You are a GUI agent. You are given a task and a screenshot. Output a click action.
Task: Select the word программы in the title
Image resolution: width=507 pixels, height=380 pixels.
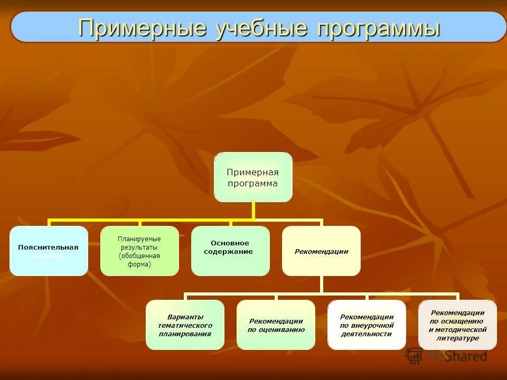(x=378, y=28)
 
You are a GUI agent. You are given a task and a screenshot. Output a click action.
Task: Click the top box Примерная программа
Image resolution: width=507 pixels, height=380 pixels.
(x=252, y=177)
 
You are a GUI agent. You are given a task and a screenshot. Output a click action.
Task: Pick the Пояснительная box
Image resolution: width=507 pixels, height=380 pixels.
(x=49, y=251)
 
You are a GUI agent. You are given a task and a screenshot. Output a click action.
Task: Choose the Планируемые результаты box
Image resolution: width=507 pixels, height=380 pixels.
(x=139, y=251)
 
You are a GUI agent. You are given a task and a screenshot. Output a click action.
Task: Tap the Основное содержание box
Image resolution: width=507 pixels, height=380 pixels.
(x=230, y=251)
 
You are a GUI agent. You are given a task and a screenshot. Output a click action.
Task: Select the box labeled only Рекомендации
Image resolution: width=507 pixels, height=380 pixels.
(x=321, y=251)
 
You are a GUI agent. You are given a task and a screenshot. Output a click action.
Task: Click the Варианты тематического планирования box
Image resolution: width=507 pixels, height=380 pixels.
(x=185, y=325)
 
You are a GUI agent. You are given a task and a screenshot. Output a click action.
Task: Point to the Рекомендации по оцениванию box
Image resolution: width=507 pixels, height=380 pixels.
(x=276, y=325)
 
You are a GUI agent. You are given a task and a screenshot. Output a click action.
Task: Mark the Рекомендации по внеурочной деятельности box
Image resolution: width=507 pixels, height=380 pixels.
(x=367, y=325)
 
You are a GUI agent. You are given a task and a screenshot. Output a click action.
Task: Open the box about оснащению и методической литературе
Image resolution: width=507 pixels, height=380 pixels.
(x=457, y=325)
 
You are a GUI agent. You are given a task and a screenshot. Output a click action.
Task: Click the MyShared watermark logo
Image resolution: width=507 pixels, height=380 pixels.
(x=447, y=356)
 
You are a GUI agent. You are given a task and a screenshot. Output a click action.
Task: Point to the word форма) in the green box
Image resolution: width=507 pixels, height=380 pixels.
(x=139, y=264)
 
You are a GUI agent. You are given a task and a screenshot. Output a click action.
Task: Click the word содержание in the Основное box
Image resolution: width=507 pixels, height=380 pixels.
(x=229, y=252)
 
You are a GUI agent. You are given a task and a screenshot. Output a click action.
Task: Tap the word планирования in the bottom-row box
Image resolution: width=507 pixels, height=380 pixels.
(x=185, y=334)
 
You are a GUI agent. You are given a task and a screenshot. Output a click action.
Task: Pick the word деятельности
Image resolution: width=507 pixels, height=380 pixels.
(x=367, y=334)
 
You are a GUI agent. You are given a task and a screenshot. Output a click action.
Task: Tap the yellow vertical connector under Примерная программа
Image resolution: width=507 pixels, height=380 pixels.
(x=253, y=210)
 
